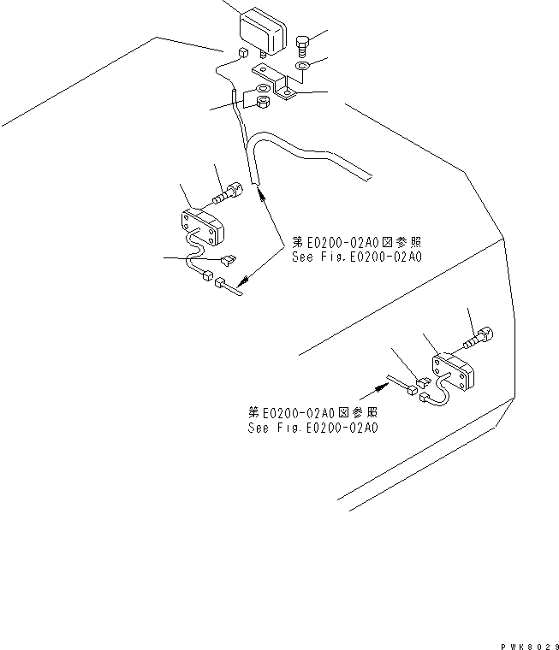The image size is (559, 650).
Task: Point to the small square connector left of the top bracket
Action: point(242,54)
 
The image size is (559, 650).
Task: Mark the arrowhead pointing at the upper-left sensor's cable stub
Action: point(243,279)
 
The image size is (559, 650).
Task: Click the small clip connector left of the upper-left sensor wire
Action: point(228,260)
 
